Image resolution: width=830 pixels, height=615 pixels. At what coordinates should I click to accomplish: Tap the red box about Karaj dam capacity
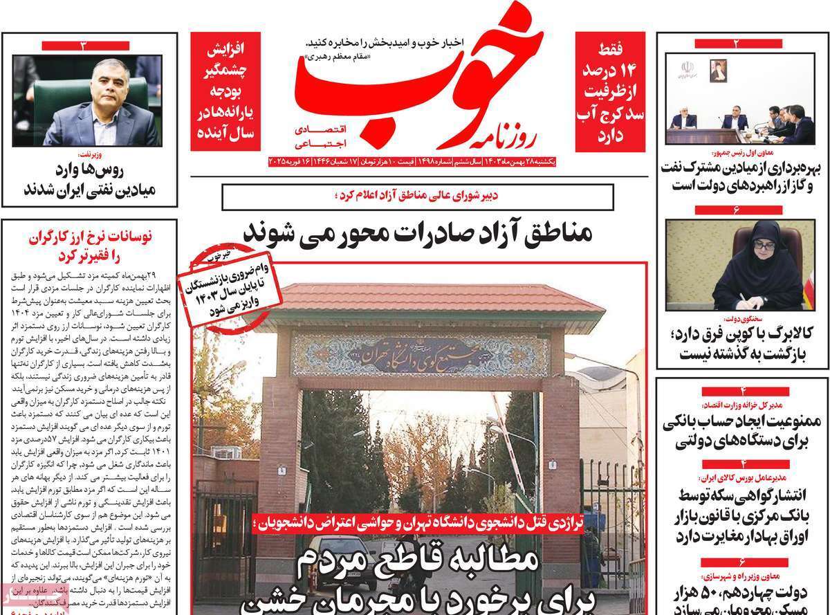tap(610, 91)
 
